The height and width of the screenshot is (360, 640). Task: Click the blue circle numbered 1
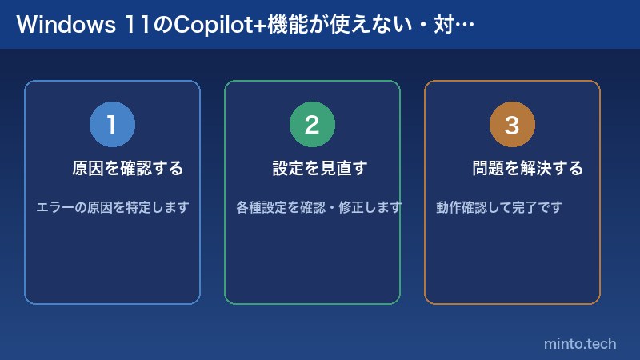112,125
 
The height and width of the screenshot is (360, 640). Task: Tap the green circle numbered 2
312,125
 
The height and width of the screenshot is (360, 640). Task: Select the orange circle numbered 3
512,125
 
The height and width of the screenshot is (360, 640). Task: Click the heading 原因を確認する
128,169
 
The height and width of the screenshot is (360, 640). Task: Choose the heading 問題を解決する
528,169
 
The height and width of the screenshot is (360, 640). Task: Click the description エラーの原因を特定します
113,207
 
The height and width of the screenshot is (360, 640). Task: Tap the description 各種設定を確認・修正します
319,207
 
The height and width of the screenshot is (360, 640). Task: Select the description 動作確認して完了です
500,207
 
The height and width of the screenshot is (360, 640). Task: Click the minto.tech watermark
580,344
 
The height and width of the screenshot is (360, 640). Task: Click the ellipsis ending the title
467,25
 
